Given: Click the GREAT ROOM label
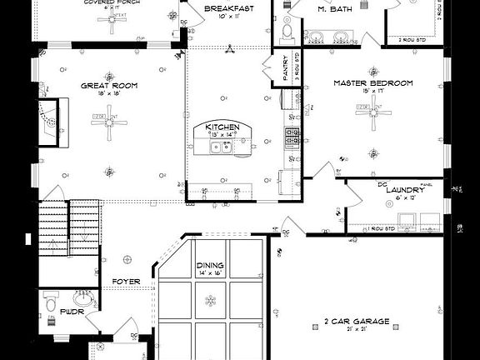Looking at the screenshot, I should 108,85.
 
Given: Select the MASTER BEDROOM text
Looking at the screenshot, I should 373,83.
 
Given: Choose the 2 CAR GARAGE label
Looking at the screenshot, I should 356,321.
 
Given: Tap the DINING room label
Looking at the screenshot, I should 209,267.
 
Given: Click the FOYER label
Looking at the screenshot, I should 126,282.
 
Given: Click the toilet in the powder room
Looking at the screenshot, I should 49,299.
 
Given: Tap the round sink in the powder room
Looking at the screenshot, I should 81,297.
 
